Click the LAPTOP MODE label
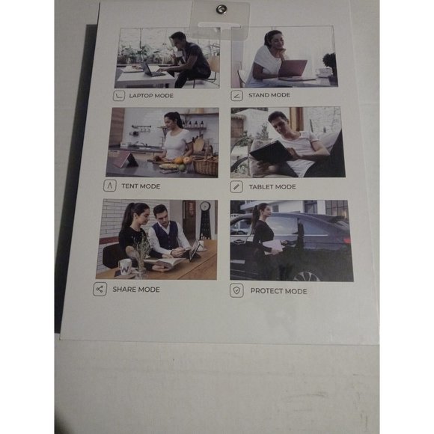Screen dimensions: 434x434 151,96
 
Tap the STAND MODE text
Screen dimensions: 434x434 269,95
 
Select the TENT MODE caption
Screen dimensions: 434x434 141,186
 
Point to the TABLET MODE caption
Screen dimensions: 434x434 272,187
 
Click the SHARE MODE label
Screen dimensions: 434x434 136,290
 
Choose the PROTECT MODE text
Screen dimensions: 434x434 278,291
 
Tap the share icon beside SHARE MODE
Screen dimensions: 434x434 100,290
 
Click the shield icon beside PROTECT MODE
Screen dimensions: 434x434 236,290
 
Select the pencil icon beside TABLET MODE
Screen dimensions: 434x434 236,186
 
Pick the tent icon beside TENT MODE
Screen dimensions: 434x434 109,186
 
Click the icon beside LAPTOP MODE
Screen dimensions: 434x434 119,96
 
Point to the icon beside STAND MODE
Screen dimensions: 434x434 237,96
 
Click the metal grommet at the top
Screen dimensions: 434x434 221,9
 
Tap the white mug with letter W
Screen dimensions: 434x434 125,268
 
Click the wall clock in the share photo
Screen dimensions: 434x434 205,206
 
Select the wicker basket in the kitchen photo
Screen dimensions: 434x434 205,166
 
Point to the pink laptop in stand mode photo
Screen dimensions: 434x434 293,69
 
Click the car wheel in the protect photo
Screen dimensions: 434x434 307,275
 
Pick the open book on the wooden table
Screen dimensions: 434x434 165,263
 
